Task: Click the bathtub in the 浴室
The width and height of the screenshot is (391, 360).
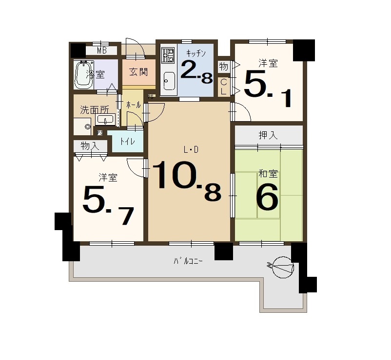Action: [x=83, y=74]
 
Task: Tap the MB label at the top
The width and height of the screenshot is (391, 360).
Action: [x=102, y=51]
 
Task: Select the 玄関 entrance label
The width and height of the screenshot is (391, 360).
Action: [x=138, y=72]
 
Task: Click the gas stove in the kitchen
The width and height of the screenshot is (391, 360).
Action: [x=168, y=55]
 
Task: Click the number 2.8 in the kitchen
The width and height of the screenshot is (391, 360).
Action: [x=196, y=72]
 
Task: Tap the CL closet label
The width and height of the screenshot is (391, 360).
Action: [x=224, y=87]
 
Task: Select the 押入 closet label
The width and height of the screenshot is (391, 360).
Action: [x=268, y=135]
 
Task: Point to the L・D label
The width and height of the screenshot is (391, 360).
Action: [x=191, y=149]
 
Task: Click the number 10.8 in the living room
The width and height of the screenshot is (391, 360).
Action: [x=186, y=180]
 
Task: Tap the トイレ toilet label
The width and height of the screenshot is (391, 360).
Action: [x=127, y=142]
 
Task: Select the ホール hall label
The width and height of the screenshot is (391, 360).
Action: [x=134, y=105]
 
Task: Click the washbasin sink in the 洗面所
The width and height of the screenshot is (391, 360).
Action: [x=105, y=119]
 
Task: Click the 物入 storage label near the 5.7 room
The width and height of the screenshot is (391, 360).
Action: [x=90, y=146]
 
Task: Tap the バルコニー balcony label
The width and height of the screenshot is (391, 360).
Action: [x=188, y=261]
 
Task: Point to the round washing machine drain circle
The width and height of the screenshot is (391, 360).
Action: [x=88, y=127]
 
